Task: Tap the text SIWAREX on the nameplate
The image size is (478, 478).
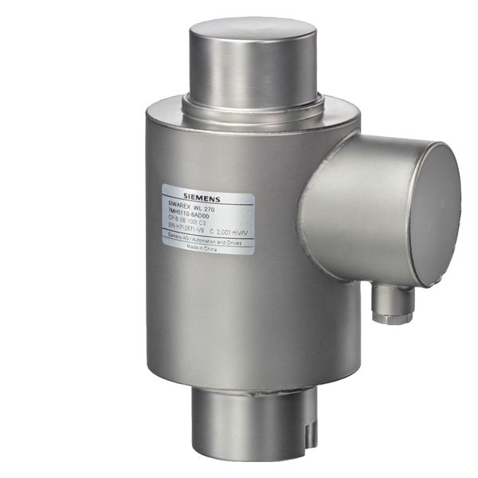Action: pyautogui.click(x=180, y=205)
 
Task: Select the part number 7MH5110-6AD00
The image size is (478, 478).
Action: pyautogui.click(x=194, y=213)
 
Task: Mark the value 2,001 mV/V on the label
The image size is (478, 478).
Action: pyautogui.click(x=229, y=230)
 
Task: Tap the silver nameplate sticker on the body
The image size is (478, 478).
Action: pyautogui.click(x=208, y=219)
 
